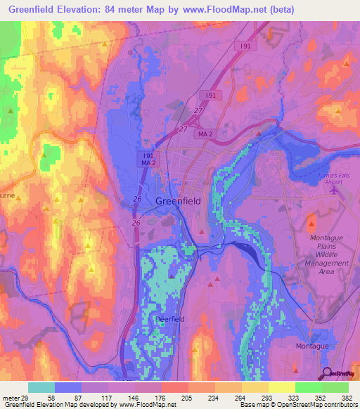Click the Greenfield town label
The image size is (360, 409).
[177, 200]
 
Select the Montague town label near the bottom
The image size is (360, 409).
[311, 346]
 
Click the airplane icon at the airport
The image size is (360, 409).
[334, 188]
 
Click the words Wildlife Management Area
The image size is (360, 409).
[330, 263]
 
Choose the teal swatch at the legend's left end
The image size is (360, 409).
[41, 387]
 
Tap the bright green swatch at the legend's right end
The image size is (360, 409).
[335, 387]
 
